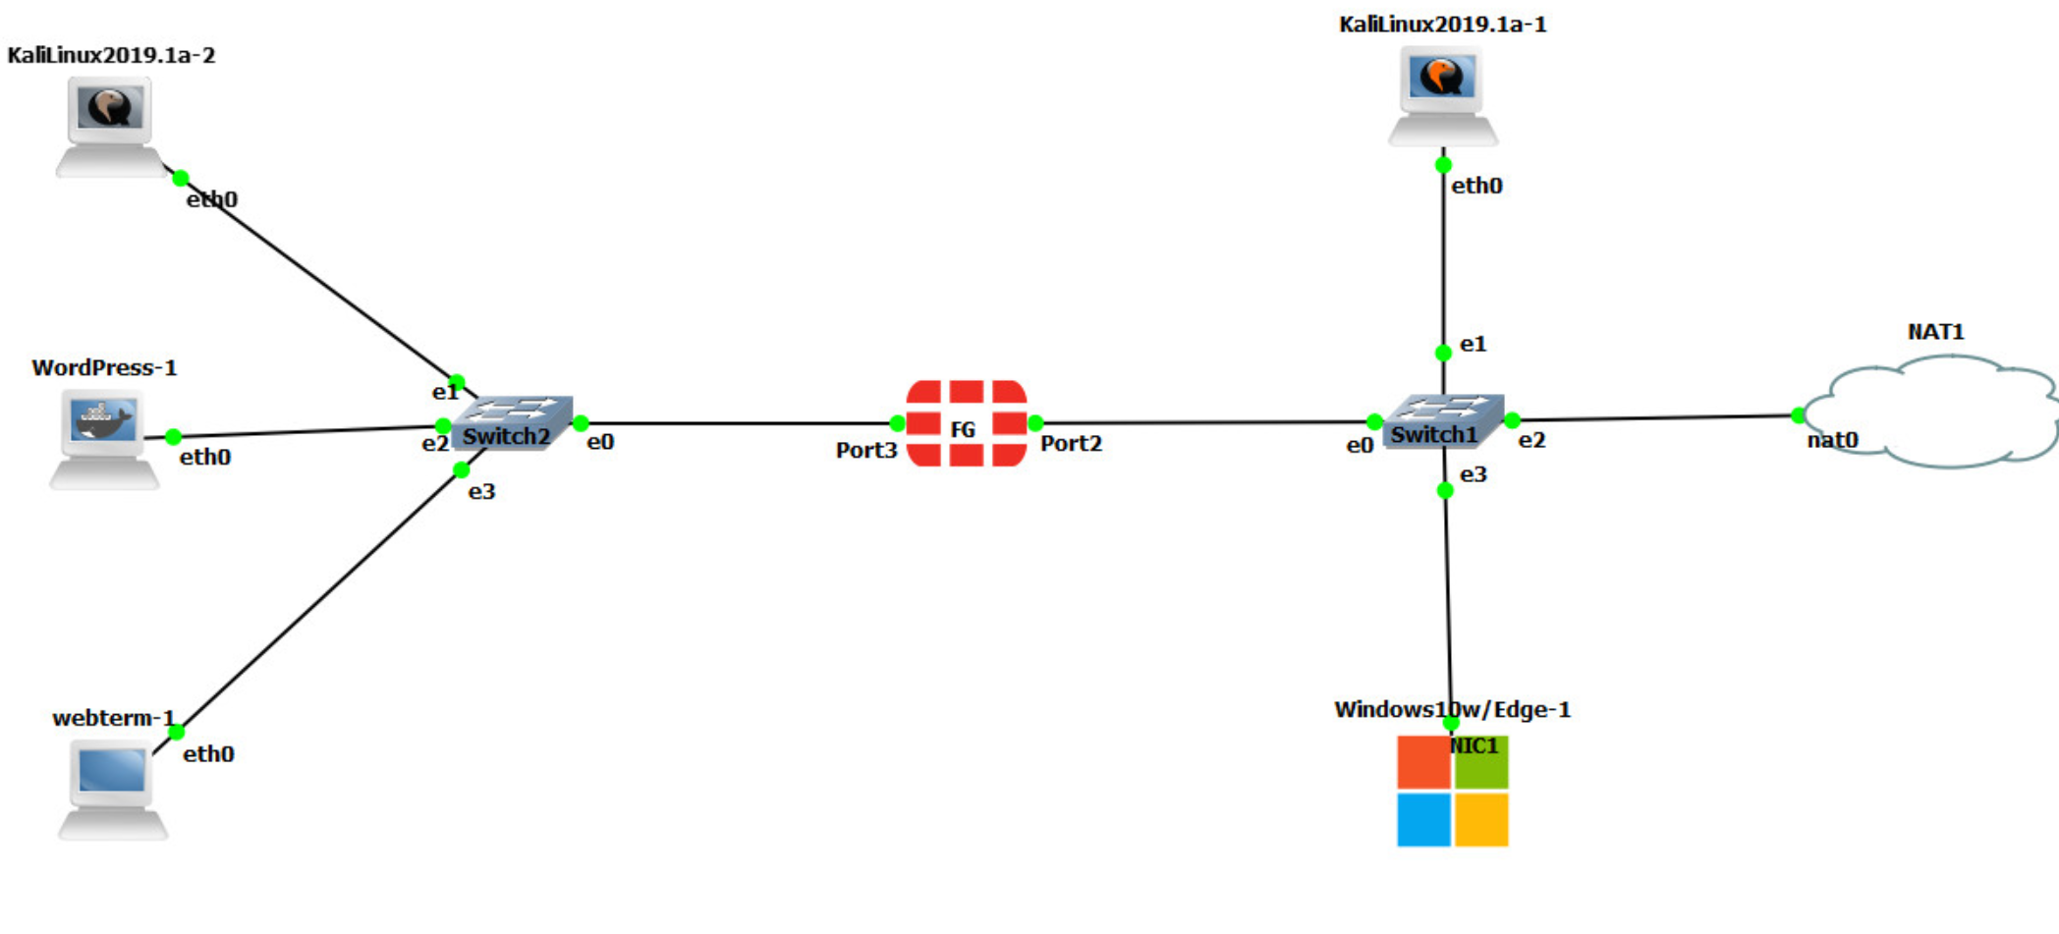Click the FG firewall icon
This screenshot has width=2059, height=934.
(x=966, y=423)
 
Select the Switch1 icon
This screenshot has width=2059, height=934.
(x=1442, y=421)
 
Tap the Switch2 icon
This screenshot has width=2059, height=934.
(x=512, y=423)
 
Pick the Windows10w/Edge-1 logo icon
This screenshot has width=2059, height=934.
(x=1452, y=791)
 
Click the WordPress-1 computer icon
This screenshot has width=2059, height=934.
(x=103, y=438)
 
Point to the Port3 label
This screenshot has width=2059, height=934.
(x=865, y=451)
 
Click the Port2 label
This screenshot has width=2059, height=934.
(x=1071, y=444)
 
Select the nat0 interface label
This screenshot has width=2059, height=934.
(x=1832, y=440)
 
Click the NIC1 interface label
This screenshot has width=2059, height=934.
(x=1474, y=746)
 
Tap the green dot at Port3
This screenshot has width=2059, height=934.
(x=897, y=423)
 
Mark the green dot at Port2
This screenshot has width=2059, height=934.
(x=1034, y=423)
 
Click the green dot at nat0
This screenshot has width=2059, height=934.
(x=1798, y=415)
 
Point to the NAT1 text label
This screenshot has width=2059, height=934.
(x=1935, y=332)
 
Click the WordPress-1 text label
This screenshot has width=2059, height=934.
(x=104, y=368)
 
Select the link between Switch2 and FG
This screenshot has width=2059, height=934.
(x=737, y=423)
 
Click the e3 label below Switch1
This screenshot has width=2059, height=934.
(x=1473, y=475)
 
